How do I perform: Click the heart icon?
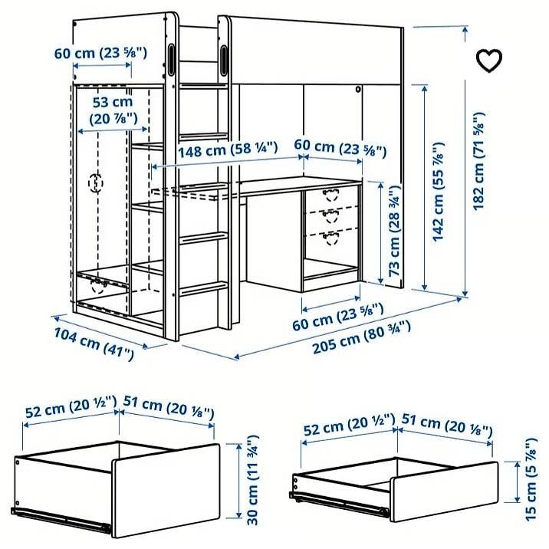(x=489, y=61)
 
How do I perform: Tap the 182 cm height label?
(x=479, y=161)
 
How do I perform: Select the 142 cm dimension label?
(x=438, y=192)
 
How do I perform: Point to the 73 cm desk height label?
(x=394, y=230)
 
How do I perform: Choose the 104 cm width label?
(x=94, y=344)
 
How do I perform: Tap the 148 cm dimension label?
(x=228, y=150)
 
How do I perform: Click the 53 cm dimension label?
(x=113, y=110)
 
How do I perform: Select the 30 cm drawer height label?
(x=253, y=480)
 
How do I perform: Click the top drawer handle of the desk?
(x=331, y=195)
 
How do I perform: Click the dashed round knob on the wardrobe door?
(x=96, y=183)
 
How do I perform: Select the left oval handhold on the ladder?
(x=171, y=60)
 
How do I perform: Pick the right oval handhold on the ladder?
(x=223, y=60)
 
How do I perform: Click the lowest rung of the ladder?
(x=203, y=288)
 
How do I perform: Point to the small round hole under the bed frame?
(x=358, y=89)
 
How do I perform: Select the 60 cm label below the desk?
(x=338, y=317)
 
